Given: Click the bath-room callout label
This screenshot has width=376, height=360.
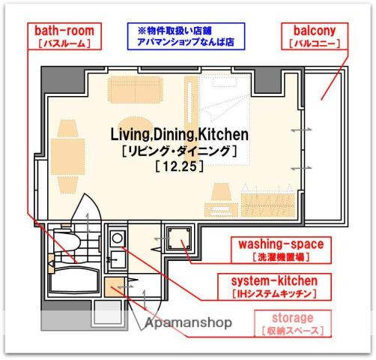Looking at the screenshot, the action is coord(64,36).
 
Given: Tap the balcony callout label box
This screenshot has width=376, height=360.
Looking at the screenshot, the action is coord(315,36).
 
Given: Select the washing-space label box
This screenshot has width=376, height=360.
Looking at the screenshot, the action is coord(281,250).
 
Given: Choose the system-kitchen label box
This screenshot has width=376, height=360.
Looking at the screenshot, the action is coord(275,286).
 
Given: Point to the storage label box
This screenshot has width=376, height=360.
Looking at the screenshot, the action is coord(293,323).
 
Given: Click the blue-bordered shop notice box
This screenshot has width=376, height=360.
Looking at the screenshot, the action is coord(186,36).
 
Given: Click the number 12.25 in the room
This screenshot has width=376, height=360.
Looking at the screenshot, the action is coord(179,166).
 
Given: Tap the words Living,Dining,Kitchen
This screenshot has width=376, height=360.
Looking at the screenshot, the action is coord(179,134).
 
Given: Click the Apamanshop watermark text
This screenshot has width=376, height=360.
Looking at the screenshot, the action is coord(189,322).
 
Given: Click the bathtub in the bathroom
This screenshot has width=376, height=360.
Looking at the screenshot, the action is coord(74,280).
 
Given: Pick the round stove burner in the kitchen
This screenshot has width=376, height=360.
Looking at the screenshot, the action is coord(118,238).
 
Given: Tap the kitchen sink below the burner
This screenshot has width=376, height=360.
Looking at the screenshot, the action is coord(117,259).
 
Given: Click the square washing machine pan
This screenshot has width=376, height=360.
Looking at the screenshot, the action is coord(179,238).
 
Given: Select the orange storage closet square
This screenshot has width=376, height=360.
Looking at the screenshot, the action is coord(115,287).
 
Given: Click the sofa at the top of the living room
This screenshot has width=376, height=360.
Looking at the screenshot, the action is coord(136,90).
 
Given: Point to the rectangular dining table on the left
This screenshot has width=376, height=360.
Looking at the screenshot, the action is coord(68,157).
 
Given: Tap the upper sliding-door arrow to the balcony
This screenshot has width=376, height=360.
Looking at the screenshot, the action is coord(302,130).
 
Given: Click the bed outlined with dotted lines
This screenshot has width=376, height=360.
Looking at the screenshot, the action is coord(225,120).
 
